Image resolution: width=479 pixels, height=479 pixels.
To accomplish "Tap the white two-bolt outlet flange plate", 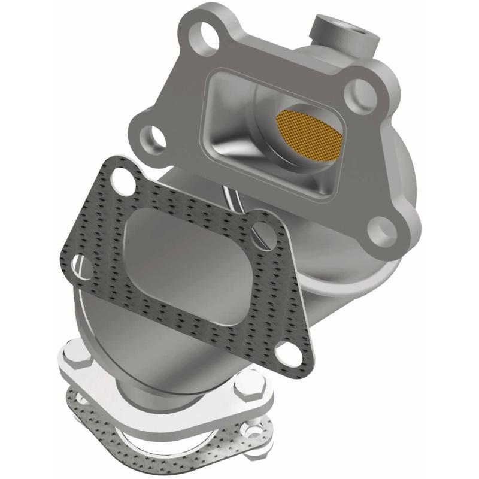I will point(180,407).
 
